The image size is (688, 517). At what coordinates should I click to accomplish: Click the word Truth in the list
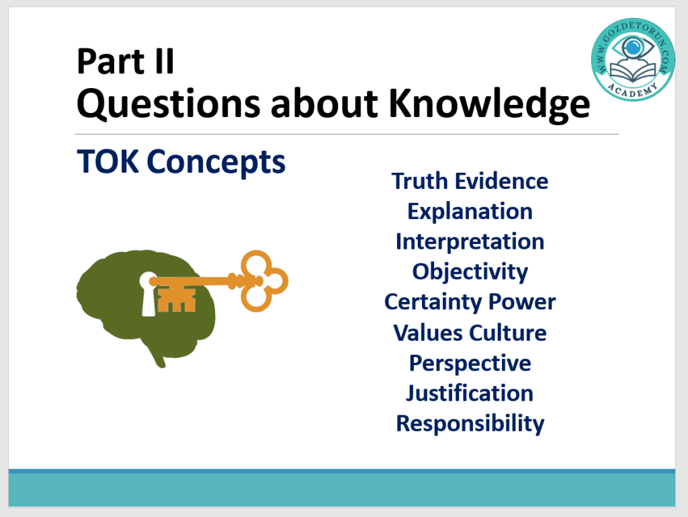click(420, 182)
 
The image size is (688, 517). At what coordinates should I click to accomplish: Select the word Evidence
click(501, 182)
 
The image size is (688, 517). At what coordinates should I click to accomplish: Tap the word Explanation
click(470, 212)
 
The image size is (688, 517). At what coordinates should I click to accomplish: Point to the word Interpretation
click(470, 242)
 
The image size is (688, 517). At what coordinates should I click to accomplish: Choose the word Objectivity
click(470, 272)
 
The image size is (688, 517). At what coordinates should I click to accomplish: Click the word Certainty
click(433, 303)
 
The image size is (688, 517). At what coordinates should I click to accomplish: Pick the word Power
click(521, 303)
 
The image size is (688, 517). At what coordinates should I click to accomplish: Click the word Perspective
click(470, 364)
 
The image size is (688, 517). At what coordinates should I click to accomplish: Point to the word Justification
click(470, 393)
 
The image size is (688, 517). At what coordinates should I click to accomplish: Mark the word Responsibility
click(470, 424)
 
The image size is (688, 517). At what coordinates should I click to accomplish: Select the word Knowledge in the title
click(489, 104)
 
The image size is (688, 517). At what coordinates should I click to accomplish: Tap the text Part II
click(126, 61)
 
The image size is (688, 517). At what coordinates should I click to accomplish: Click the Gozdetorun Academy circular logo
click(632, 59)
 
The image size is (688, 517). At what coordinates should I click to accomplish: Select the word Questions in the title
click(169, 104)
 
